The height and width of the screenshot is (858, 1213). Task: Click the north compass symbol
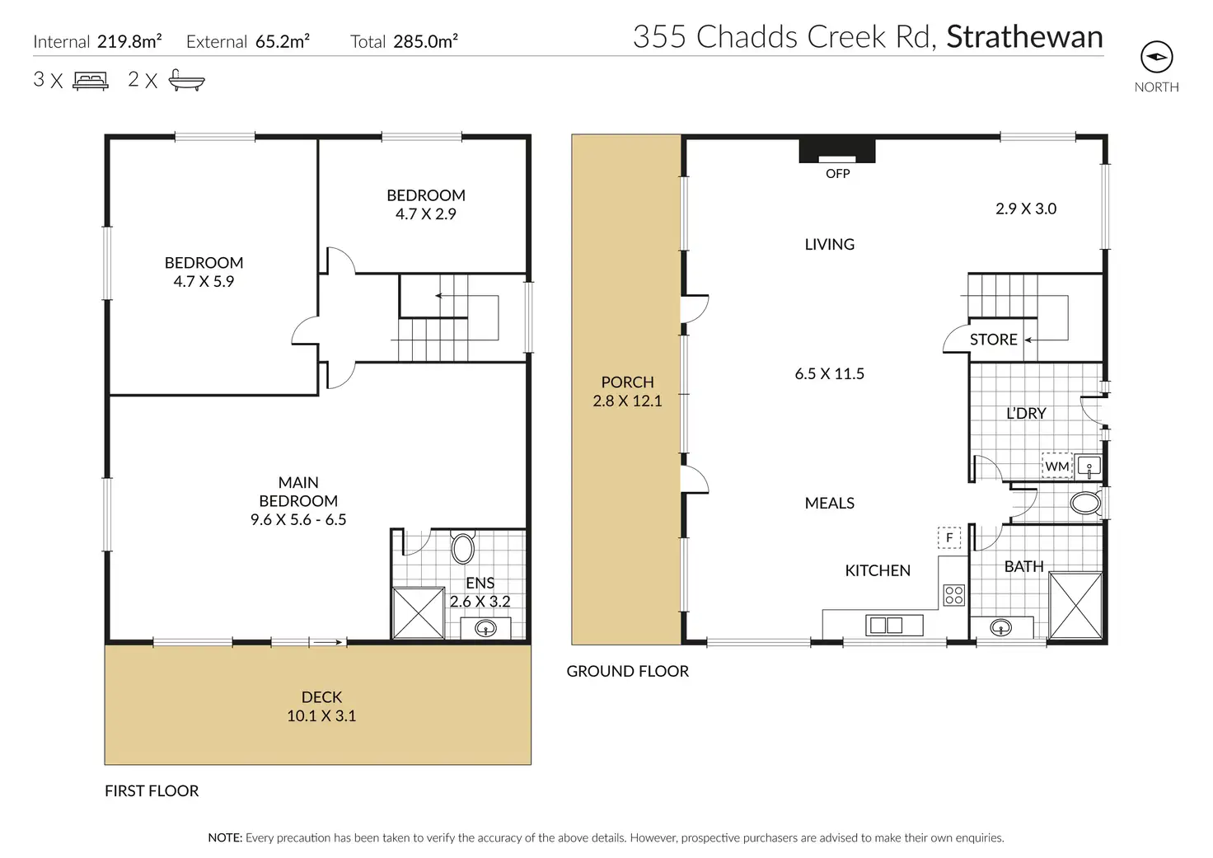coord(1156,57)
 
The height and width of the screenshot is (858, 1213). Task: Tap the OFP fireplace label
coord(837,174)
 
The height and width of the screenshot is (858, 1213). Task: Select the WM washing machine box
coord(1056,466)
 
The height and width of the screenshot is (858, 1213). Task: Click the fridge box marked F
coord(948,538)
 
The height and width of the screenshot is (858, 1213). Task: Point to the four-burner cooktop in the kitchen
coord(953,595)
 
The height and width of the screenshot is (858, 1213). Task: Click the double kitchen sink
coord(893,625)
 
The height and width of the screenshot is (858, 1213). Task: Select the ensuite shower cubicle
coord(418,613)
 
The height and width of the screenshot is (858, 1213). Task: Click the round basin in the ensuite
coord(485,628)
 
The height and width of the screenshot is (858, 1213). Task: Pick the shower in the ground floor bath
coord(1075,606)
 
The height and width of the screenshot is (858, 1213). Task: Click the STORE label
coord(993,340)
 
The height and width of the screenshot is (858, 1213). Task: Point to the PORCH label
coord(627,382)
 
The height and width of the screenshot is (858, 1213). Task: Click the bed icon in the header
coord(91,81)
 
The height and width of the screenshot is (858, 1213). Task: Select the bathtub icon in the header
coord(186,80)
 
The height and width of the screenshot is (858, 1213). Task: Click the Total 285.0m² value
coord(425,41)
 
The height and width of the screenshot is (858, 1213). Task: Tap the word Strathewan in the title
coord(1024,37)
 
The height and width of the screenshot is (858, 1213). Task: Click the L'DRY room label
coord(1026,414)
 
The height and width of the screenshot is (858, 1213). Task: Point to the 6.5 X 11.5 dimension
coord(829,373)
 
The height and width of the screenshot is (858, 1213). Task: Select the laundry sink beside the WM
coord(1088,467)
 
